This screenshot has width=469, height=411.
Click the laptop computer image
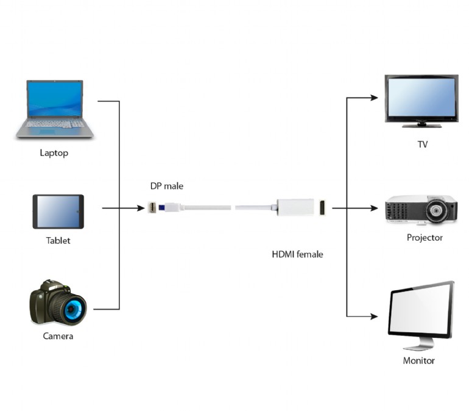(x=55, y=109)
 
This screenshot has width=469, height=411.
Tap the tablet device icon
(x=58, y=212)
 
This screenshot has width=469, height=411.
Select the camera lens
(x=72, y=310)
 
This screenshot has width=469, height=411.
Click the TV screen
(x=421, y=98)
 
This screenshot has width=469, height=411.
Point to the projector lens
(x=436, y=211)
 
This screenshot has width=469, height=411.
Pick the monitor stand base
(x=419, y=347)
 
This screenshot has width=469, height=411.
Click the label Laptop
(x=54, y=153)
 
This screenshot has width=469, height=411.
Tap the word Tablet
(x=58, y=240)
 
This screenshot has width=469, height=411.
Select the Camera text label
(x=58, y=336)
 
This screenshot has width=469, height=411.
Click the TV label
(x=423, y=145)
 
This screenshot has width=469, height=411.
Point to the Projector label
(x=425, y=237)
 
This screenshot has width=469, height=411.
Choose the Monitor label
(x=419, y=360)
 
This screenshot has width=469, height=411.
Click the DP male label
(x=167, y=186)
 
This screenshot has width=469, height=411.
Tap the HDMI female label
(x=297, y=254)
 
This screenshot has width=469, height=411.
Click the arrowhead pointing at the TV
(x=374, y=98)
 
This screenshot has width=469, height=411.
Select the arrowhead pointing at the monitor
(x=374, y=316)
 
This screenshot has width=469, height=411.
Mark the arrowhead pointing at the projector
(x=374, y=208)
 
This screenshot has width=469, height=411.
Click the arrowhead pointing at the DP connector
(x=141, y=208)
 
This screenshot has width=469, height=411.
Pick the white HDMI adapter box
(x=295, y=207)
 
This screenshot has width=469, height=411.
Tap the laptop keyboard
(x=55, y=124)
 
